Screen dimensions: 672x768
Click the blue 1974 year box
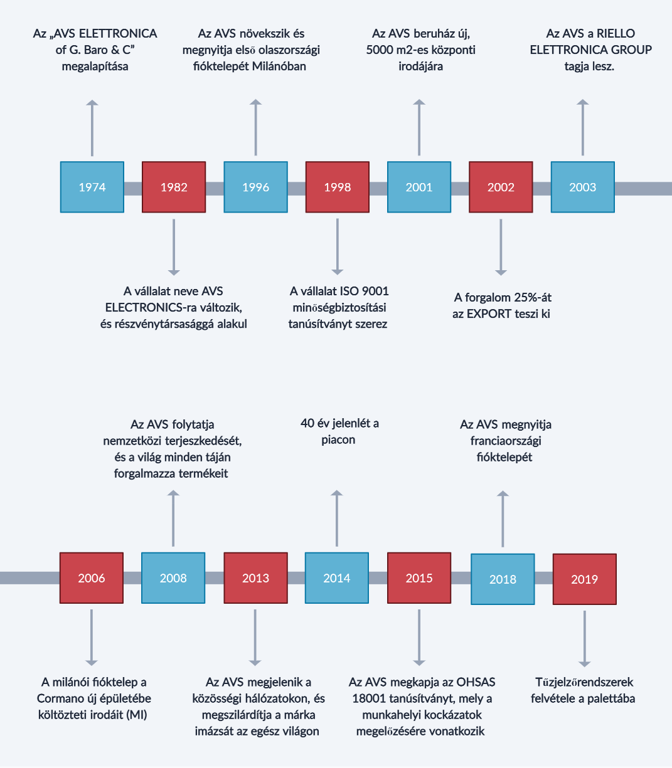[x=92, y=187]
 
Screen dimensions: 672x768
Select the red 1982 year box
[x=174, y=187]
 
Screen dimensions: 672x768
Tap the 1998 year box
[x=338, y=187]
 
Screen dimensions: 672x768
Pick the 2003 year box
[x=583, y=187]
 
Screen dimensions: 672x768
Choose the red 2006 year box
[x=92, y=577]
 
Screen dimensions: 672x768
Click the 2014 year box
[x=337, y=577]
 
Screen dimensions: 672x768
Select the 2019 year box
[x=585, y=579]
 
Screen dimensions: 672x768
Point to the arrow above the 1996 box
[x=256, y=127]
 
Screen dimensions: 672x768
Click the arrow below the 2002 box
[x=501, y=248]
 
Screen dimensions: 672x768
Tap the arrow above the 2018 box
[x=503, y=518]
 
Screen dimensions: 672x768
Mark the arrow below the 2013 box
[x=255, y=638]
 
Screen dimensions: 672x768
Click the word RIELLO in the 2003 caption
[x=616, y=33]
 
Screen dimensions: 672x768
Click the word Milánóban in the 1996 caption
[x=279, y=66]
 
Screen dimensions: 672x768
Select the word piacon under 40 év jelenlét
[x=338, y=439]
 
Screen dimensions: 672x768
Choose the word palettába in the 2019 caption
[x=611, y=698]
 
